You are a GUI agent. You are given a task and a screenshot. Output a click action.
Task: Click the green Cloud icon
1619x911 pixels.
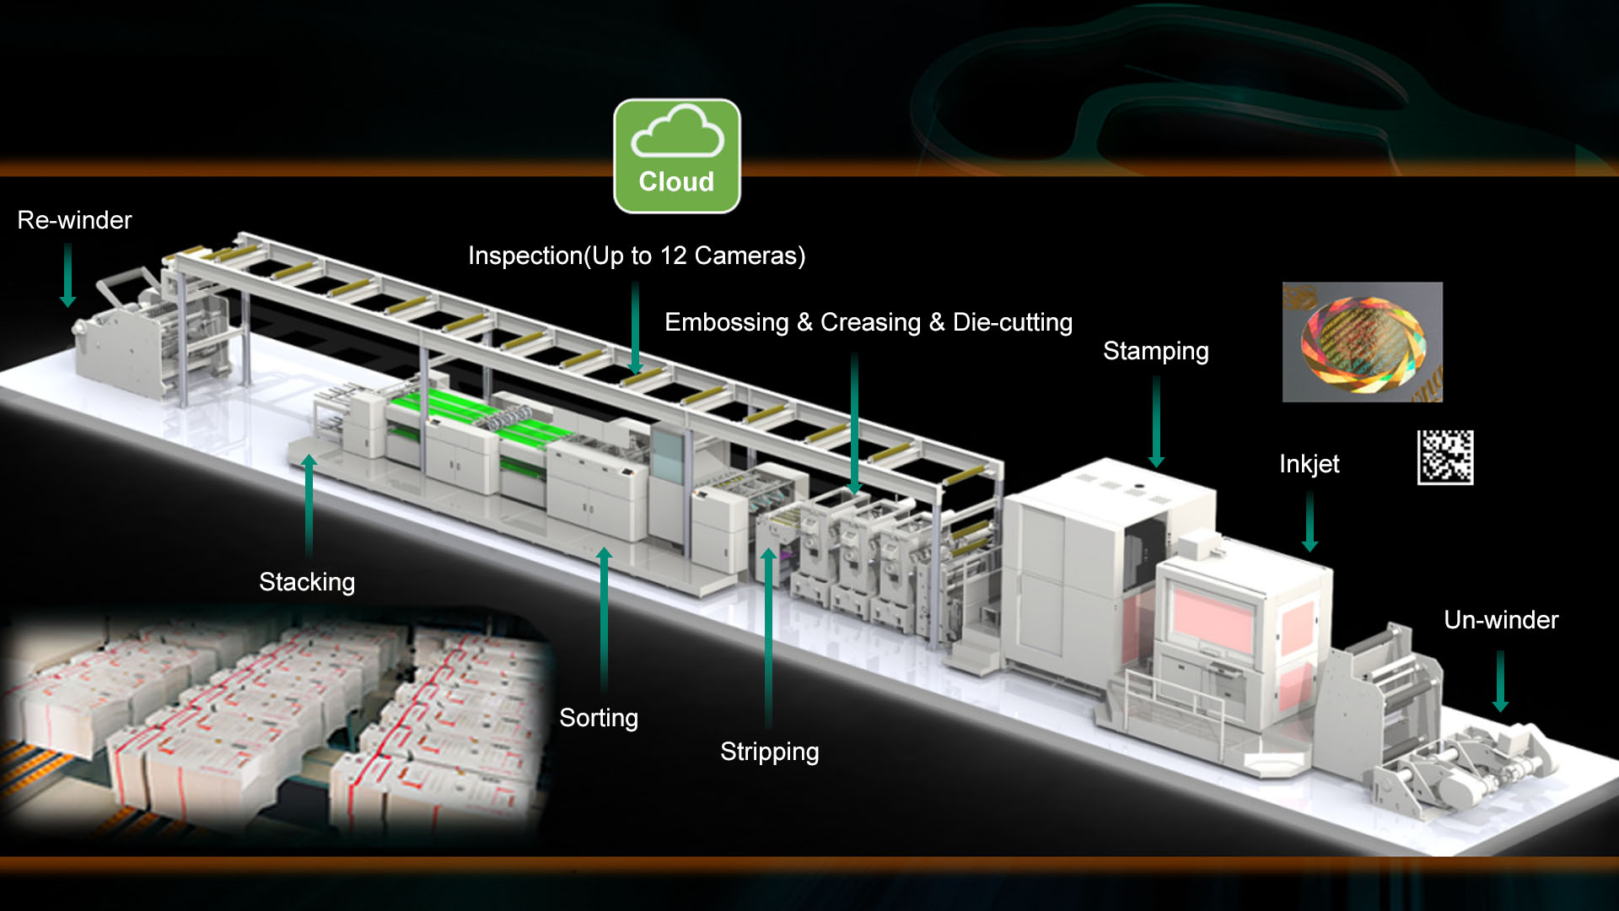(676, 156)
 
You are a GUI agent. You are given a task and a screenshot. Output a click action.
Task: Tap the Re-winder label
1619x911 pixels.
(74, 220)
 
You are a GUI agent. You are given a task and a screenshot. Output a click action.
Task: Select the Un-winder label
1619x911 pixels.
(1501, 620)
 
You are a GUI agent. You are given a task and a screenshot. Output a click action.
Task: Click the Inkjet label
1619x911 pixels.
(1309, 464)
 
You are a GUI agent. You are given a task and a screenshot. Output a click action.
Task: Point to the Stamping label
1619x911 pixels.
(1155, 351)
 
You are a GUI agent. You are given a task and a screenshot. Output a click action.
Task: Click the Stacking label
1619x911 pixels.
(307, 582)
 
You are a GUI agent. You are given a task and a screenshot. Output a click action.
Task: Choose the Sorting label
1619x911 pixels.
(599, 718)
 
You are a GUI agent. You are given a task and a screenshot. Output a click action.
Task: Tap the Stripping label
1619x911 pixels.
(769, 752)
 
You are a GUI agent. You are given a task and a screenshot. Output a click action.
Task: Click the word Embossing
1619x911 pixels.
(726, 322)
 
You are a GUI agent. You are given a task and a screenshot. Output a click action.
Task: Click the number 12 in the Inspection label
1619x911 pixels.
(673, 256)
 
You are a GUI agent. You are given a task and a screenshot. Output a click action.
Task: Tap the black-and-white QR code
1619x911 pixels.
(1445, 457)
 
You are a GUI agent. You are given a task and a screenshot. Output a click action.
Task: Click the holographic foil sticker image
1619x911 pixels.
(1362, 342)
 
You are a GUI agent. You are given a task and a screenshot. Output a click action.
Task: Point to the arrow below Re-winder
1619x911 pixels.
(68, 275)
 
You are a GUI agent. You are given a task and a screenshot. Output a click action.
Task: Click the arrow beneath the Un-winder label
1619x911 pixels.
(1500, 680)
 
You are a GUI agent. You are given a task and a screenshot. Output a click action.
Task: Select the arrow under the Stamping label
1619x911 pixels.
(1156, 421)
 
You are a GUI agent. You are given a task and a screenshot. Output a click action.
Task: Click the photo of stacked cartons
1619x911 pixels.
(274, 725)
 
